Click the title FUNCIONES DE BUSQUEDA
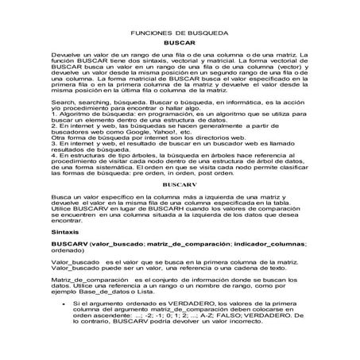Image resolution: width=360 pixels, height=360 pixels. [179, 36]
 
